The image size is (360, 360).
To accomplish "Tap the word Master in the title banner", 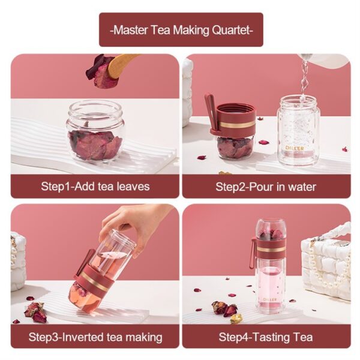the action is (130, 30).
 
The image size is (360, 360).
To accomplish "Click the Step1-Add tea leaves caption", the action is (95, 186).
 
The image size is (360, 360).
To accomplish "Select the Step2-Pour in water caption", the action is (266, 187).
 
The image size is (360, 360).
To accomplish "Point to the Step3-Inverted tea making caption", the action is (95, 337).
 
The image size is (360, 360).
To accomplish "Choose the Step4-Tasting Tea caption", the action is (266, 337).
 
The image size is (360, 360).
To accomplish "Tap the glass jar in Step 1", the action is (95, 130).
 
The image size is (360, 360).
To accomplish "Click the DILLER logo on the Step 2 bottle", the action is (295, 148).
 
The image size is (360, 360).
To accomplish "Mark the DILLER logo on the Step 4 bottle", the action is (270, 299).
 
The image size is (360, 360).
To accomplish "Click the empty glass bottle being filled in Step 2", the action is (298, 131).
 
